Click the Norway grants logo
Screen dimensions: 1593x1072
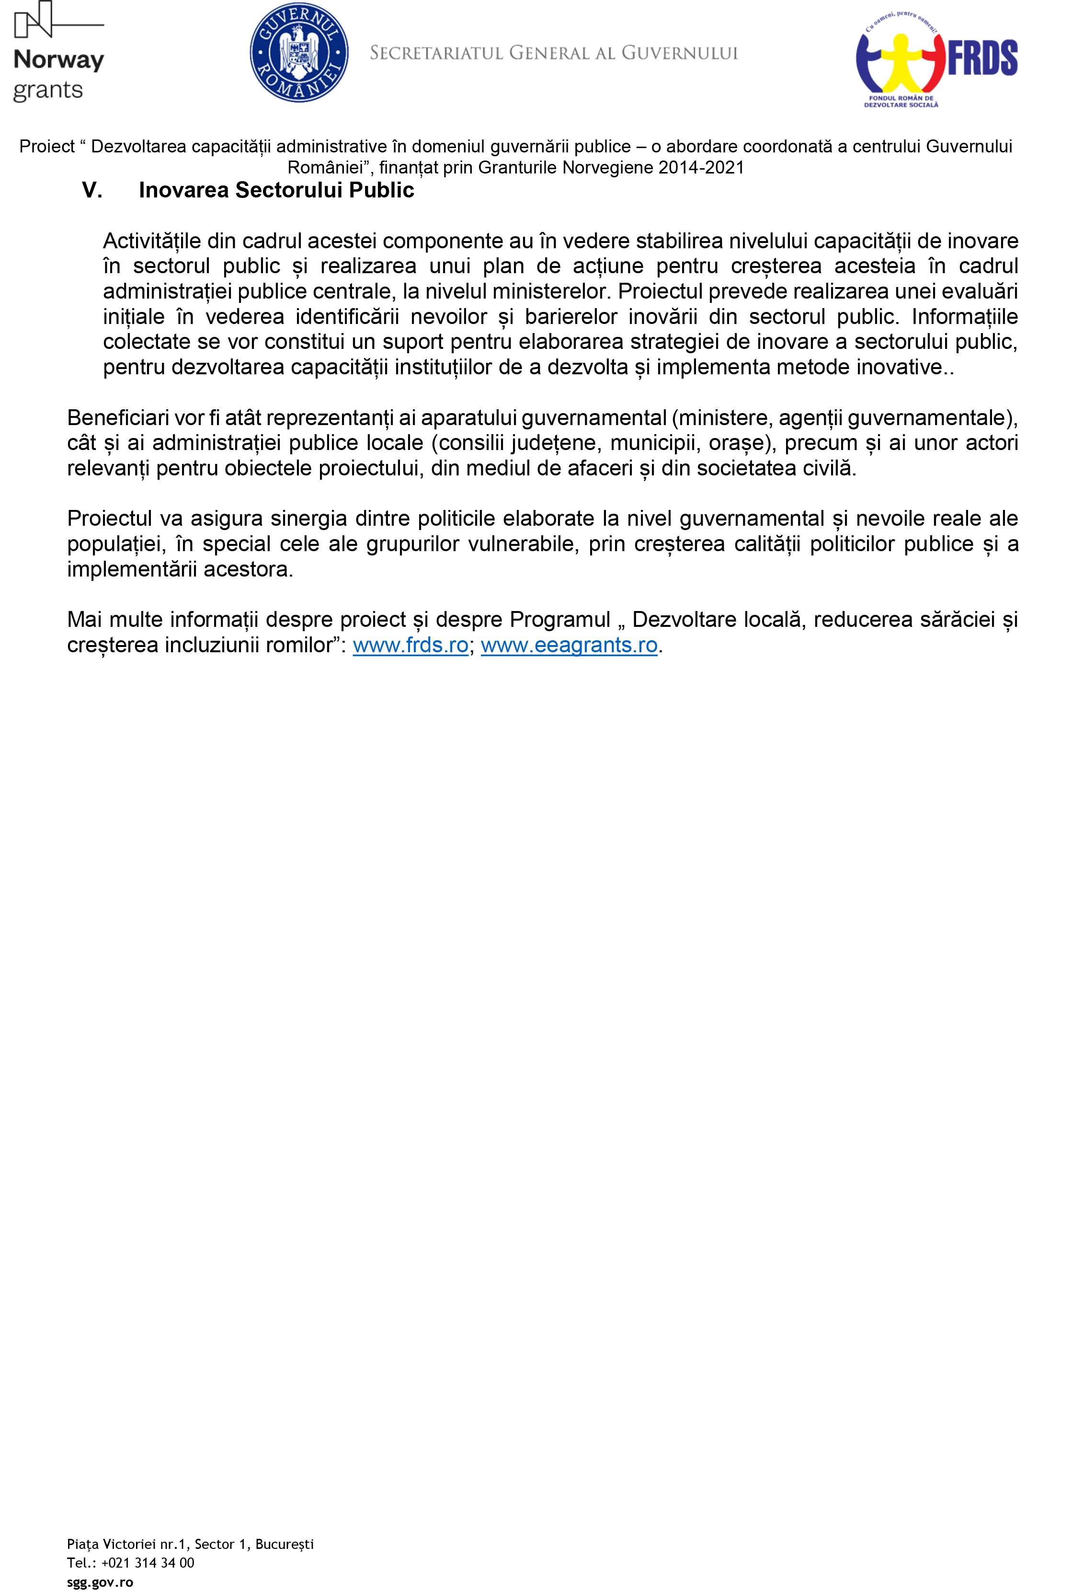59,53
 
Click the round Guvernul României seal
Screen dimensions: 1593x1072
299,53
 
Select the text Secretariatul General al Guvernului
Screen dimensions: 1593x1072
553,53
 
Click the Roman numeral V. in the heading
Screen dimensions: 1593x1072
92,190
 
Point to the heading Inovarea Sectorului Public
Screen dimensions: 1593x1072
276,190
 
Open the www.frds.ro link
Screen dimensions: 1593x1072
410,645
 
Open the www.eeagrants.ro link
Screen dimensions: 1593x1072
569,645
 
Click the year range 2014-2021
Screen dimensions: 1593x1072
701,168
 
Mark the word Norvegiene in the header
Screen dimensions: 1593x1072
607,168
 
